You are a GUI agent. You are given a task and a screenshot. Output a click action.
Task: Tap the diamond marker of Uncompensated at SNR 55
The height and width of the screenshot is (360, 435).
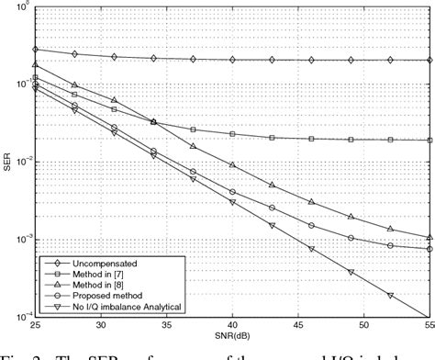pos(429,60)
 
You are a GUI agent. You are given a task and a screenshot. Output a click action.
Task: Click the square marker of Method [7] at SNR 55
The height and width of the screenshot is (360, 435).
pos(429,141)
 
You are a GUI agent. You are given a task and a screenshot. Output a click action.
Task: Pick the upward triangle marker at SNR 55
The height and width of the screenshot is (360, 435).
pos(429,238)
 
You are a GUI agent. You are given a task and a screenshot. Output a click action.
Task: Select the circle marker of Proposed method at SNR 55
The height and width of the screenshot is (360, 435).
pos(429,249)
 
